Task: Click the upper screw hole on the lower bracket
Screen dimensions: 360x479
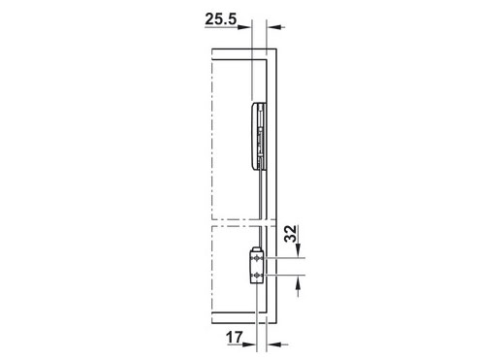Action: point(257,259)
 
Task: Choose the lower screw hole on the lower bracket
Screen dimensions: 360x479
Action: point(257,277)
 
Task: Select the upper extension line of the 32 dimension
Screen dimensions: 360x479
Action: point(286,259)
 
